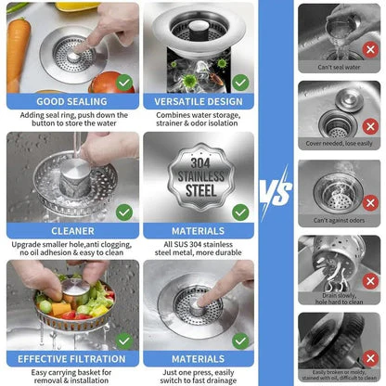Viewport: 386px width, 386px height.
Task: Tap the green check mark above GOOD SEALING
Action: pos(123,82)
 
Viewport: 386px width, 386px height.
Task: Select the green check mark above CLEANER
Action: pos(123,212)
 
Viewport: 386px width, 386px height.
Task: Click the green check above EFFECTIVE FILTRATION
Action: pos(123,338)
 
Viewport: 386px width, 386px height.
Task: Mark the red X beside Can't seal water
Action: pos(370,49)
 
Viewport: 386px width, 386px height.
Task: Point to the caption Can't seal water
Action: pos(339,68)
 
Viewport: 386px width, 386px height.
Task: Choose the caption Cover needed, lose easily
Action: pos(339,144)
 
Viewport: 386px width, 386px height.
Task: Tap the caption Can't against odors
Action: pos(339,221)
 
